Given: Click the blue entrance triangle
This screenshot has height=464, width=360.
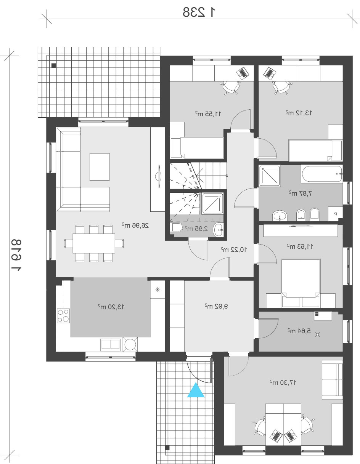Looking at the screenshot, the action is pyautogui.click(x=196, y=390).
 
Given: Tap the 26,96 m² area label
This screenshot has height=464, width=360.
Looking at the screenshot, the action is pyautogui.click(x=135, y=225).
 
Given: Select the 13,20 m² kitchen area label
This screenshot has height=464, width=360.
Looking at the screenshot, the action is pyautogui.click(x=111, y=307).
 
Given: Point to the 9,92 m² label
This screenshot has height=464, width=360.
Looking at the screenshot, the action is pyautogui.click(x=216, y=306).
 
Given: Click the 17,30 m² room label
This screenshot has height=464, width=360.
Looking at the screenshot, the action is pyautogui.click(x=283, y=382).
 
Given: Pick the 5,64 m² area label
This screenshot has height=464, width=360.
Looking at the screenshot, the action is pyautogui.click(x=299, y=331).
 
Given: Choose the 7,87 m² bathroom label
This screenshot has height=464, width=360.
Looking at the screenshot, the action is pyautogui.click(x=301, y=193).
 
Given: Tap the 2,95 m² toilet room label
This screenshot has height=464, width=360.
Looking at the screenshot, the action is pyautogui.click(x=196, y=229).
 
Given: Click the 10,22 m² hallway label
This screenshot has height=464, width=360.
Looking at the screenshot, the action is pyautogui.click(x=233, y=249).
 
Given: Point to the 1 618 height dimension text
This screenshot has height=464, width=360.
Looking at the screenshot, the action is pyautogui.click(x=16, y=255).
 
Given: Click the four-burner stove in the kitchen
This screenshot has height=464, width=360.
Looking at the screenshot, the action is pyautogui.click(x=63, y=315).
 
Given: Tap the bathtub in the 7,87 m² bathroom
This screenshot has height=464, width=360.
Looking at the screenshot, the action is pyautogui.click(x=322, y=174).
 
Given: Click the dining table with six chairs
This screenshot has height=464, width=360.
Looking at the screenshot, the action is pyautogui.click(x=93, y=243).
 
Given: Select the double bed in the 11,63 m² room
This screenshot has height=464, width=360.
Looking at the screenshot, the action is pyautogui.click(x=301, y=278).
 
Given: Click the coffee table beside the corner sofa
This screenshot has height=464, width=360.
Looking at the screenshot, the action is pyautogui.click(x=100, y=167).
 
